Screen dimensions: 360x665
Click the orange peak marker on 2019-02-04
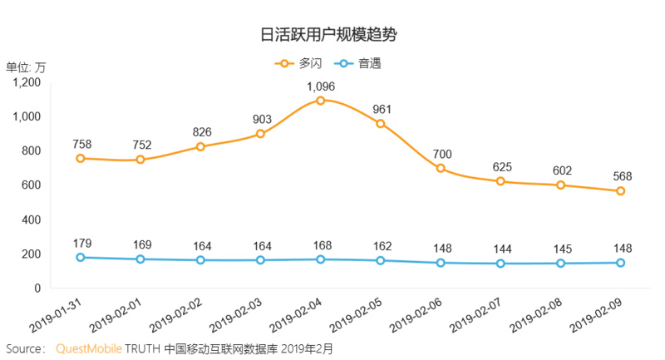click(x=320, y=101)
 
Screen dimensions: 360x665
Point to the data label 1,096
click(x=320, y=86)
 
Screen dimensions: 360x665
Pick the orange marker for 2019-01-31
click(x=80, y=158)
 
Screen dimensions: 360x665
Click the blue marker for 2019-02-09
click(x=621, y=263)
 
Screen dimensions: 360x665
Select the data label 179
click(x=80, y=243)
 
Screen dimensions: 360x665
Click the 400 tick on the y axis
click(x=32, y=219)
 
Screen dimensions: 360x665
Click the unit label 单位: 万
click(x=26, y=67)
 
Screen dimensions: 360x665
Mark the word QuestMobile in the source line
click(x=88, y=348)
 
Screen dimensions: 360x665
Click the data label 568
click(x=621, y=176)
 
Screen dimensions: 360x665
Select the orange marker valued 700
click(x=441, y=169)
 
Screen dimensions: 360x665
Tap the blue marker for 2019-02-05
click(x=381, y=260)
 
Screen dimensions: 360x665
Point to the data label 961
click(x=381, y=109)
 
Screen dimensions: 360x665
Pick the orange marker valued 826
click(x=200, y=146)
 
